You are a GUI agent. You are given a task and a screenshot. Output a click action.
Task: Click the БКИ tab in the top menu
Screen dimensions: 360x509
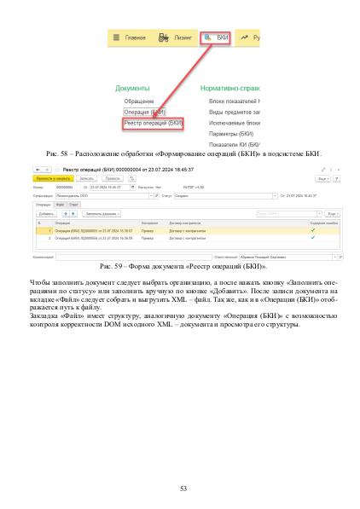pos(217,38)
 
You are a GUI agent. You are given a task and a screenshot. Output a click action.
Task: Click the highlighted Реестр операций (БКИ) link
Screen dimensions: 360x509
pos(154,123)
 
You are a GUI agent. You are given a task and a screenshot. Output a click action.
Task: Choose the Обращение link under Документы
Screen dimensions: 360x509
pos(139,101)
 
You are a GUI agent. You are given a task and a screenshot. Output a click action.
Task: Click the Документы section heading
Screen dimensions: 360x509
pos(132,88)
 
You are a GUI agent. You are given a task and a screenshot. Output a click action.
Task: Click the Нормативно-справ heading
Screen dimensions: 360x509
pos(230,88)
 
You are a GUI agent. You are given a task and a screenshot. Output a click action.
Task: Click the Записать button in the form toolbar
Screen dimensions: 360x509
pos(87,179)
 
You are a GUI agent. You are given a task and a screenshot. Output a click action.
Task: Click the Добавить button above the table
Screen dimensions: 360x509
pos(46,213)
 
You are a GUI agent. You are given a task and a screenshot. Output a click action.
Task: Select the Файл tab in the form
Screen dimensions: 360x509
pos(60,205)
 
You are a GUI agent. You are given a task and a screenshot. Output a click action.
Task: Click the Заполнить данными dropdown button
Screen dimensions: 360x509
pos(103,213)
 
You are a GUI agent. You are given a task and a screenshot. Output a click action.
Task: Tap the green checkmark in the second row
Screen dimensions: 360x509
pos(313,238)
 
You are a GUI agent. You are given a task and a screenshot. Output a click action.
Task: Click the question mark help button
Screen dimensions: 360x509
pos(336,179)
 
